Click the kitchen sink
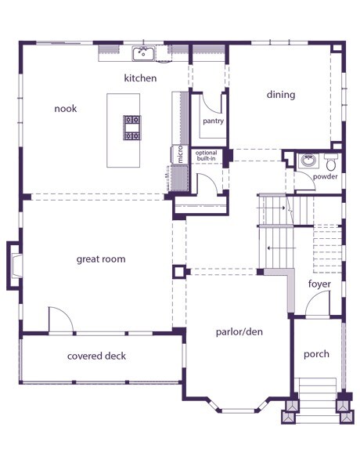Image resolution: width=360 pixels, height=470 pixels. click(x=143, y=53)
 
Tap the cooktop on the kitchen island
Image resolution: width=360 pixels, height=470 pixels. click(x=132, y=128)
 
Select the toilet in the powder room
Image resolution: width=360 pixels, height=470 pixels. click(x=331, y=162)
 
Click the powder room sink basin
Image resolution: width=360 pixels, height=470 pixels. click(x=308, y=161)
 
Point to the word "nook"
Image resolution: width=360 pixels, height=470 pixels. click(x=65, y=109)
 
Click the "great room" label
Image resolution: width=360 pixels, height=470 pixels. click(x=101, y=259)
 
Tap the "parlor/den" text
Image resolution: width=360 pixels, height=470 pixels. click(x=239, y=332)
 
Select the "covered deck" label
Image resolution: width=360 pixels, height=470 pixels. click(x=96, y=356)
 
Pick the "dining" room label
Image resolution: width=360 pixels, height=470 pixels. click(x=281, y=95)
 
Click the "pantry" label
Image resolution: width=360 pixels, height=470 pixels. click(x=213, y=121)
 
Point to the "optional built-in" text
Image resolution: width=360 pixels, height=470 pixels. click(x=206, y=156)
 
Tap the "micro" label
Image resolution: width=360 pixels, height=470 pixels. click(x=180, y=154)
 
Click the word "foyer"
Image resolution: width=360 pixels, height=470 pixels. click(x=319, y=284)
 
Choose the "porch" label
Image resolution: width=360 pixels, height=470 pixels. click(x=316, y=354)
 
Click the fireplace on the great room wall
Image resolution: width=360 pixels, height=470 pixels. click(x=14, y=266)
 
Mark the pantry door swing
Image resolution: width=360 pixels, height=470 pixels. click(x=211, y=107)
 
